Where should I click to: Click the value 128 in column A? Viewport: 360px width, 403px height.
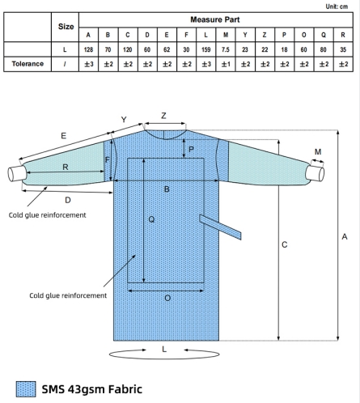tap(88, 49)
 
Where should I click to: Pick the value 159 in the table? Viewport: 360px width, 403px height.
tap(205, 49)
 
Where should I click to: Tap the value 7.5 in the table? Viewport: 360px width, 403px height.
tap(225, 49)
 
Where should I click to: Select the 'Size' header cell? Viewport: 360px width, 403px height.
tap(66, 27)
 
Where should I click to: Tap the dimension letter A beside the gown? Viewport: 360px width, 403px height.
tap(345, 236)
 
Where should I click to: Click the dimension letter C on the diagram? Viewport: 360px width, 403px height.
tap(285, 244)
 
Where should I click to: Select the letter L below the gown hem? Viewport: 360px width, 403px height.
tap(164, 349)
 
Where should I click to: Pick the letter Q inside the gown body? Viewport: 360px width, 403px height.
tap(151, 218)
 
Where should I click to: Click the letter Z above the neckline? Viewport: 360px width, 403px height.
tap(163, 116)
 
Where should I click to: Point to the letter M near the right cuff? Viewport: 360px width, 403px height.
tap(316, 151)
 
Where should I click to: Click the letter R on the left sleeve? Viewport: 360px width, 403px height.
tap(65, 168)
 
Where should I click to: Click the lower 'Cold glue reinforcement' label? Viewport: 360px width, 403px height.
tap(67, 295)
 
